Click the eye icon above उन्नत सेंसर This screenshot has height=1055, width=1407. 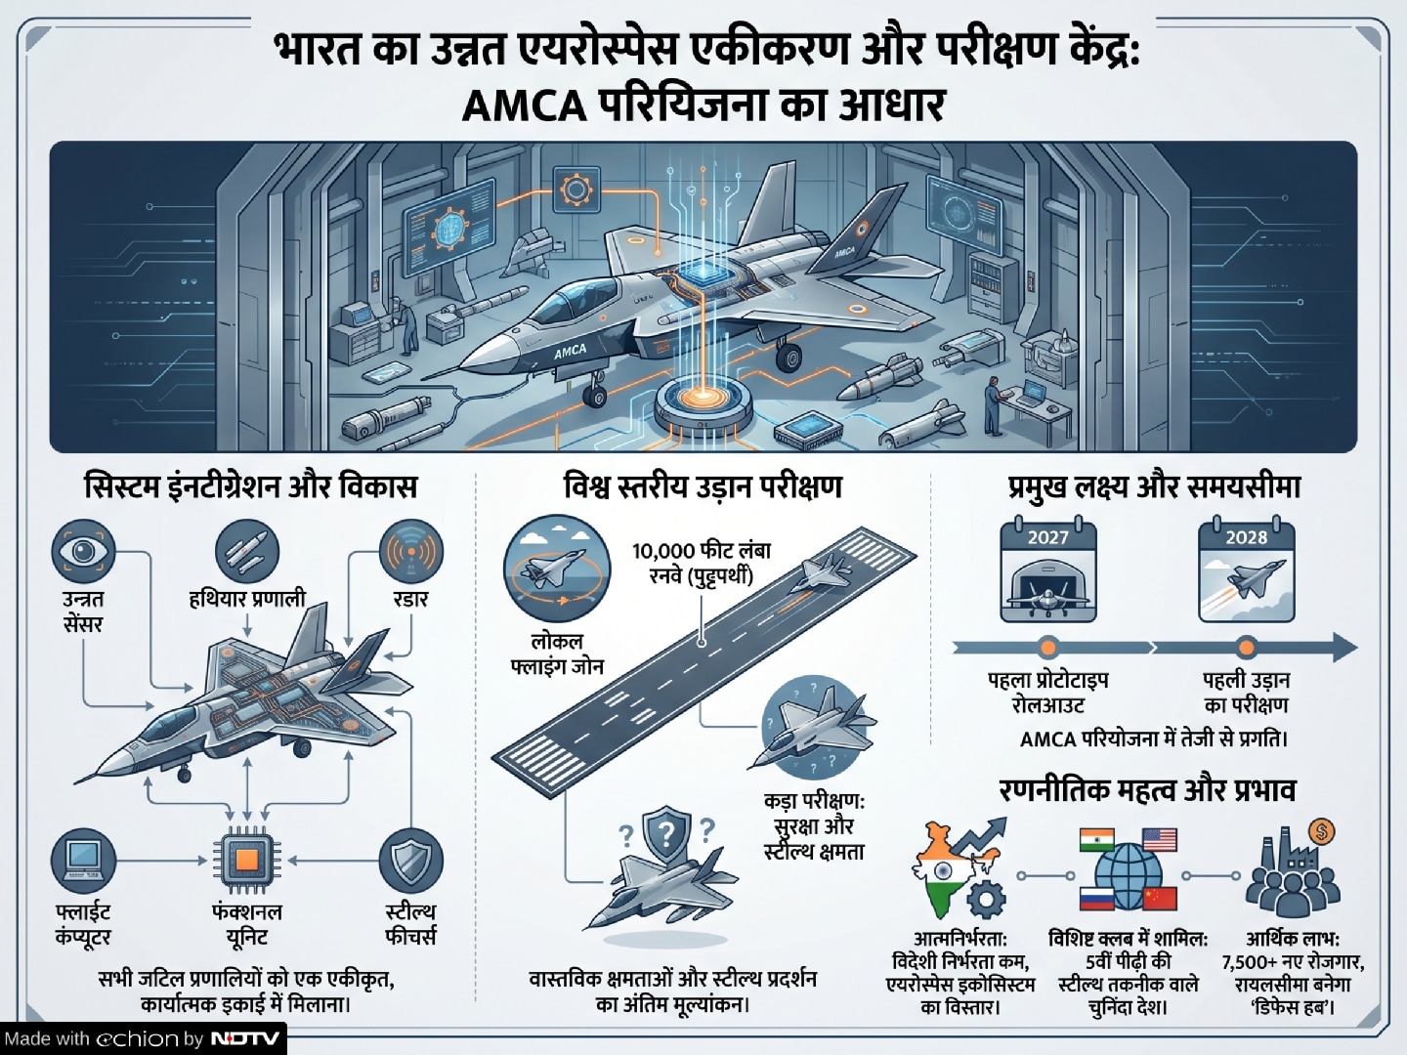[x=83, y=552]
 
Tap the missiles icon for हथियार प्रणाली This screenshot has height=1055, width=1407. [x=247, y=552]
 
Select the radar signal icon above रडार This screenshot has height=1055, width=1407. [x=411, y=552]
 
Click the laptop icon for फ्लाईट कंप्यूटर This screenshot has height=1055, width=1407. [x=83, y=861]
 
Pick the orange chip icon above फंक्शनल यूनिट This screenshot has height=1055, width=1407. [x=247, y=861]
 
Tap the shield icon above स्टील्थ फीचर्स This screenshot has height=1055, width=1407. [x=411, y=861]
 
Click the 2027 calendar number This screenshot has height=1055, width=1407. [x=1048, y=537]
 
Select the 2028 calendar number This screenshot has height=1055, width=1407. [x=1246, y=537]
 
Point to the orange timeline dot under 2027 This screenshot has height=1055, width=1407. [x=1048, y=648]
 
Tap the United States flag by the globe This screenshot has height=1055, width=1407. [x=1160, y=840]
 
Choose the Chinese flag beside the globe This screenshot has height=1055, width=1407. [x=1160, y=898]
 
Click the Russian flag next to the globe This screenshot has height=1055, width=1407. [x=1096, y=898]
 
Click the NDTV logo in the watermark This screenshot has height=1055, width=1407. [x=245, y=1037]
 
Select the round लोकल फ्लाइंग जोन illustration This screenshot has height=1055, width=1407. [x=556, y=569]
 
